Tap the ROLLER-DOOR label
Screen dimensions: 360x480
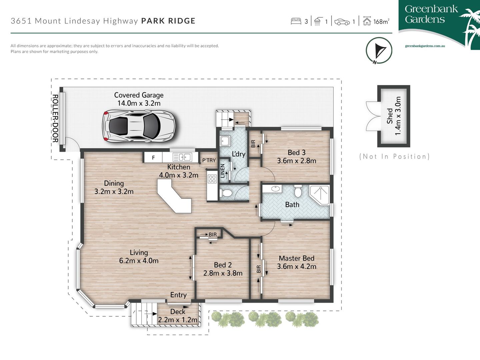coord(55,118)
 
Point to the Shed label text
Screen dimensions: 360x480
coord(390,116)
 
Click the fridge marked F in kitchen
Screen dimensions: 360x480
coord(153,158)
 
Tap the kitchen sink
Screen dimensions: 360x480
coord(182,157)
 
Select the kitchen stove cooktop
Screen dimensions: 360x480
coord(212,179)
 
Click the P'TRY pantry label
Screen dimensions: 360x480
coord(209,160)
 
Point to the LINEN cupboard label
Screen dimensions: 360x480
coord(223,171)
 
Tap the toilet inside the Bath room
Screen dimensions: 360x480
coord(298,191)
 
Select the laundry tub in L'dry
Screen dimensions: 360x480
coord(225,141)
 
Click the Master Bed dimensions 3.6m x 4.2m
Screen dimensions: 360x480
coord(297,266)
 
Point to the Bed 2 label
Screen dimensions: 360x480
coord(223,265)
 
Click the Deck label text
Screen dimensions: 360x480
coord(178,312)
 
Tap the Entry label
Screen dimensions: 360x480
coord(178,295)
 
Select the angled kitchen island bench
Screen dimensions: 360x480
coord(175,195)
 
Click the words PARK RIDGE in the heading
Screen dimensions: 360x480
coord(168,21)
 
